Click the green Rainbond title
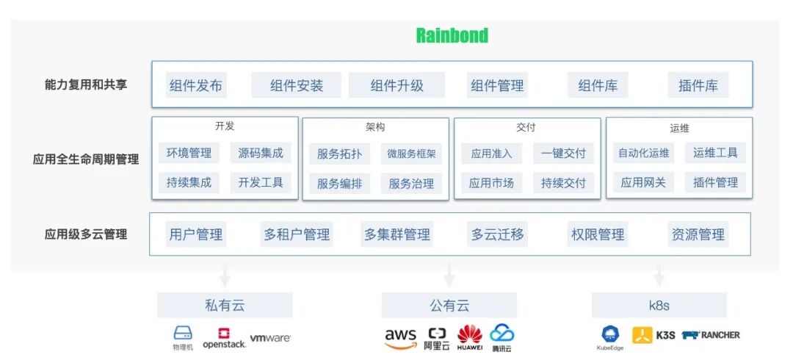(x=452, y=35)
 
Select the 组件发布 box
(x=195, y=85)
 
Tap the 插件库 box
(x=698, y=85)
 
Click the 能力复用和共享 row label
(x=86, y=84)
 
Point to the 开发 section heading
(x=225, y=126)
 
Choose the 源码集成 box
(x=261, y=153)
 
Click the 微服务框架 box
(x=411, y=154)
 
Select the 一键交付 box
(x=563, y=153)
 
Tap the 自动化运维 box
(x=643, y=153)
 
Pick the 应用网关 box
(x=643, y=182)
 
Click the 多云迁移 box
(x=498, y=234)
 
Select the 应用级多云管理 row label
(x=86, y=234)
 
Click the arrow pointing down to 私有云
(x=225, y=276)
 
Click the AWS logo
(x=400, y=336)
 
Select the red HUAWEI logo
(x=470, y=336)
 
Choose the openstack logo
(x=224, y=337)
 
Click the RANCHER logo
(x=711, y=335)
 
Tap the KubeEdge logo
(x=610, y=337)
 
